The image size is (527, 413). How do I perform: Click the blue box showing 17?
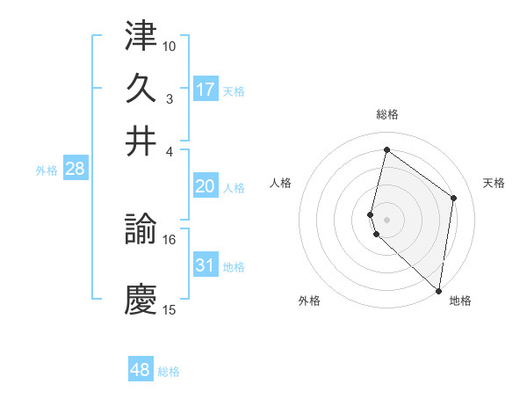pyautogui.click(x=206, y=89)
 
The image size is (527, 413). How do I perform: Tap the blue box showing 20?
pyautogui.click(x=206, y=186)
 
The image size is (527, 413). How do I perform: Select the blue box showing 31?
pyautogui.click(x=206, y=265)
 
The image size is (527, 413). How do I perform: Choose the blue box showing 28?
pyautogui.click(x=75, y=170)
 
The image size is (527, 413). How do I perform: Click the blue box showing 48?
pyautogui.click(x=141, y=370)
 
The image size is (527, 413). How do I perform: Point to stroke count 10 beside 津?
pyautogui.click(x=170, y=46)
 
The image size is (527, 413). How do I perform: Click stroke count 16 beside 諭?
pyautogui.click(x=170, y=239)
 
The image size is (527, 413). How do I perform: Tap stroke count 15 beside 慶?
pyautogui.click(x=170, y=309)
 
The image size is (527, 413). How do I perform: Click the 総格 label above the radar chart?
pyautogui.click(x=386, y=114)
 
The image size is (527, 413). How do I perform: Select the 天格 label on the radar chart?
pyautogui.click(x=494, y=183)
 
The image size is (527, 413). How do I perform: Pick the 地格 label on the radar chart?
pyautogui.click(x=460, y=301)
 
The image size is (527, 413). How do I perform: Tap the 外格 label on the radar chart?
pyautogui.click(x=309, y=301)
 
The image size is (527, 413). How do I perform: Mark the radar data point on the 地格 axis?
pyautogui.click(x=438, y=291)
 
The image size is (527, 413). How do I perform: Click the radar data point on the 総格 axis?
pyautogui.click(x=386, y=150)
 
